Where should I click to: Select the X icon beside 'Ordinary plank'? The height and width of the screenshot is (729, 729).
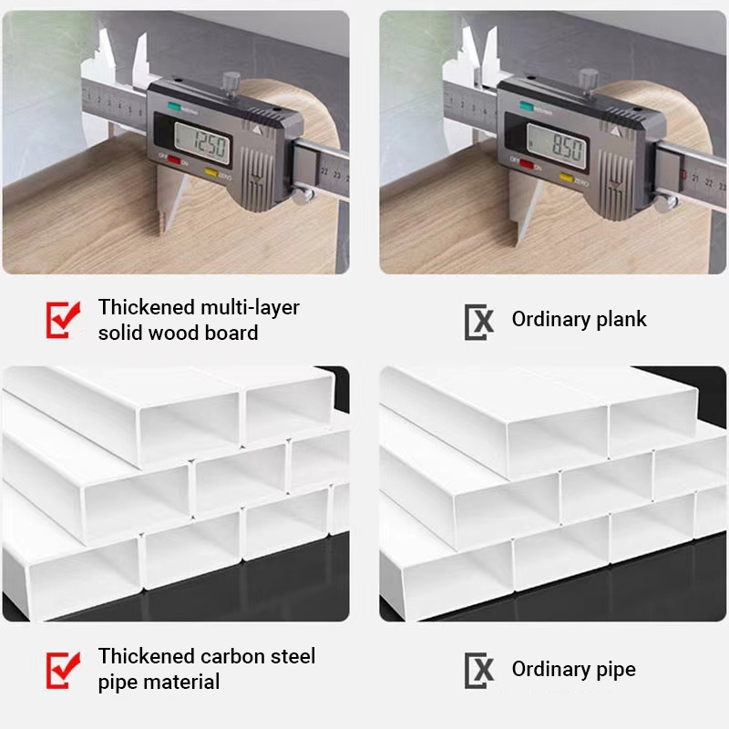(479, 320)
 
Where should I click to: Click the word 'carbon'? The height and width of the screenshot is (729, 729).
(229, 656)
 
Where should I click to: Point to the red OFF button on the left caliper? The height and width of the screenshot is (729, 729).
(173, 162)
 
